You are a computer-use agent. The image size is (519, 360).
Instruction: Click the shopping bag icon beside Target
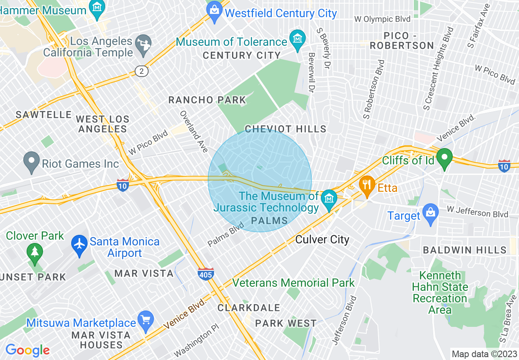(x=430, y=213)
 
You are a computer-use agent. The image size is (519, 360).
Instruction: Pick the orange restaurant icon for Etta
(x=367, y=185)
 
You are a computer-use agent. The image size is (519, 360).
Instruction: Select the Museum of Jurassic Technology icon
(x=329, y=199)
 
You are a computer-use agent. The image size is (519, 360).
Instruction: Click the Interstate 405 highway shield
(x=205, y=274)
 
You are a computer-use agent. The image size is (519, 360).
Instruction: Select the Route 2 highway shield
(x=142, y=71)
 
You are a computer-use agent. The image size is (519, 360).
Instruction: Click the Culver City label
(x=322, y=240)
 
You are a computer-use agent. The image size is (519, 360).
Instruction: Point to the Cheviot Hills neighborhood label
(x=285, y=129)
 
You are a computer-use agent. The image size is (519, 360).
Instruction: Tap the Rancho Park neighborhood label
(x=207, y=100)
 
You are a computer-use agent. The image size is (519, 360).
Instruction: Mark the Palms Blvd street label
(x=226, y=234)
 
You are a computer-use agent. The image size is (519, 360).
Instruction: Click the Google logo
(x=27, y=350)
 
